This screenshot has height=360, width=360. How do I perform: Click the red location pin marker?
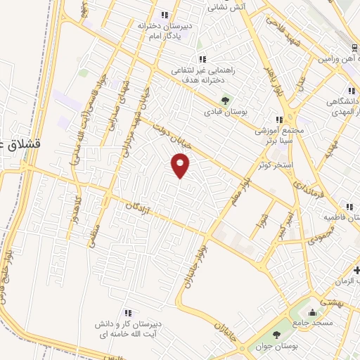tap(181, 165)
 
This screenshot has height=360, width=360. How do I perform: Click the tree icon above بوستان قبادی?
tap(225, 99)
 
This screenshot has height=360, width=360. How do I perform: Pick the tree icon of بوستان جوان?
tap(274, 335)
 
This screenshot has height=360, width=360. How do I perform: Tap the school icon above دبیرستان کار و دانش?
tap(127, 313)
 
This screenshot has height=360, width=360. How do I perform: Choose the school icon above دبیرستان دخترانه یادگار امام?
tap(164, 14)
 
